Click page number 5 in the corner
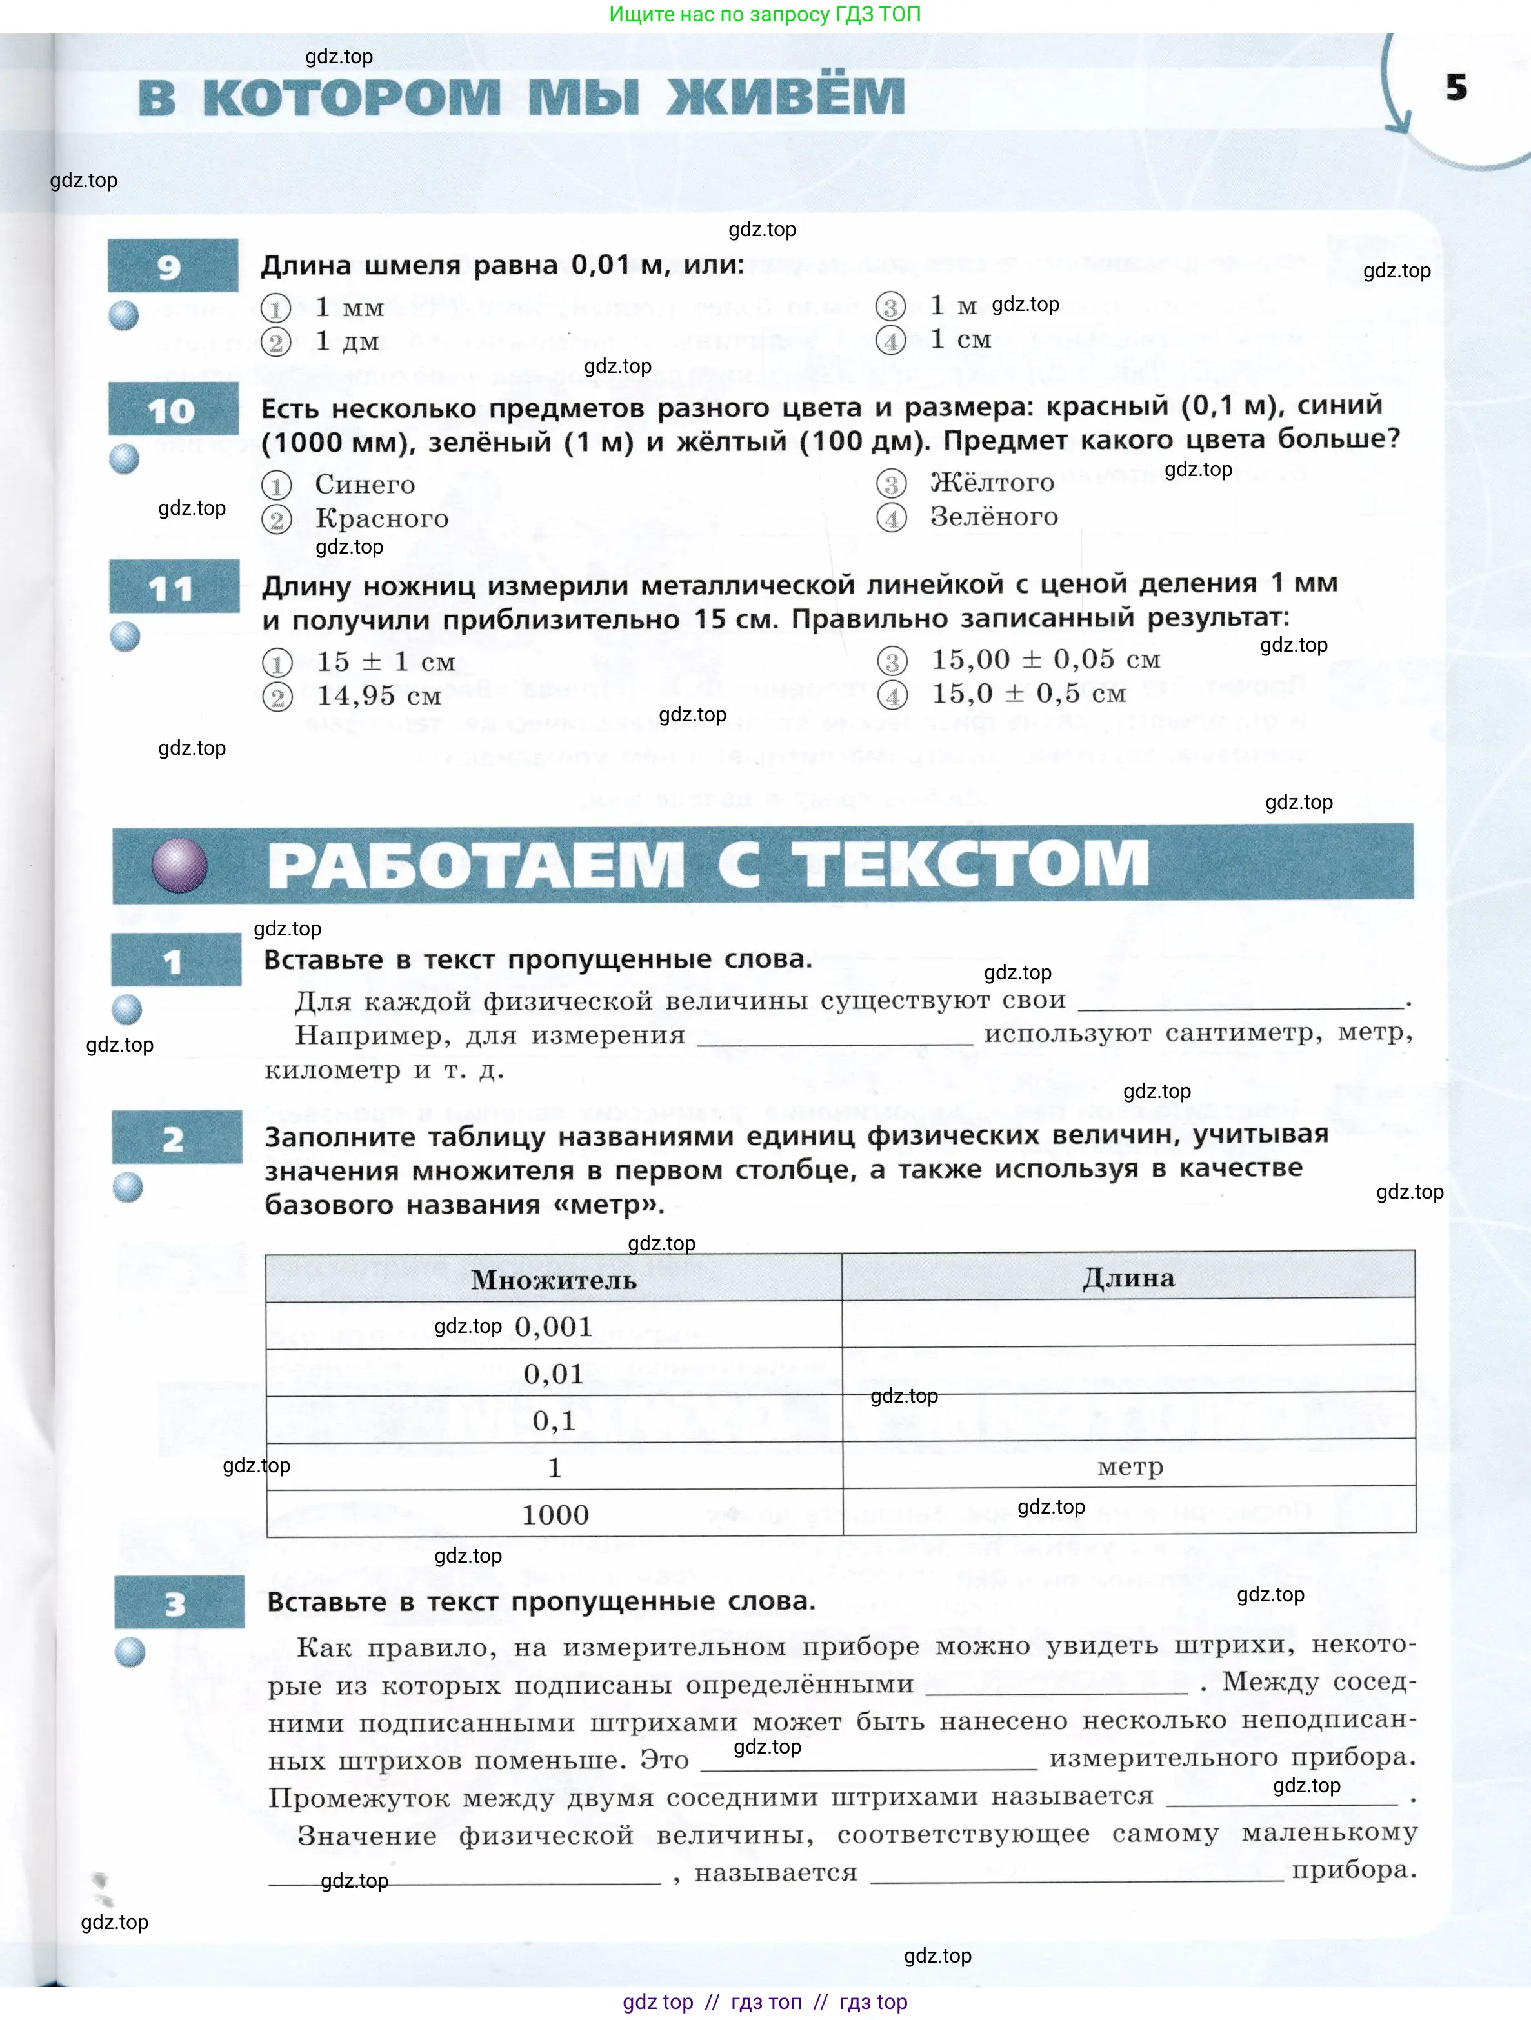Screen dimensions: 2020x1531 point(1456,88)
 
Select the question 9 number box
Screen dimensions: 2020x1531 point(173,266)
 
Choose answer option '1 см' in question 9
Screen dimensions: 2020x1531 point(960,340)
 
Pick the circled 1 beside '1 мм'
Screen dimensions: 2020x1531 point(276,308)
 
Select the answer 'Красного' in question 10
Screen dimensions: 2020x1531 point(382,519)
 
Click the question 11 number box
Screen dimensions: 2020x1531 point(174,587)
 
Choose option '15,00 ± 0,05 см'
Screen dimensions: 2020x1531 point(1045,659)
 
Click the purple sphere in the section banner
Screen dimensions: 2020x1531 point(179,865)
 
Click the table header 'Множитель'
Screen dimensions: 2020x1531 point(554,1279)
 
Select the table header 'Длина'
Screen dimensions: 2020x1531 point(1128,1277)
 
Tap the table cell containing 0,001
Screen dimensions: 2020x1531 point(554,1326)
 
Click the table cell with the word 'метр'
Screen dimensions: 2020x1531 point(1130,1466)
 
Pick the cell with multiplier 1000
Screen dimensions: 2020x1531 point(554,1514)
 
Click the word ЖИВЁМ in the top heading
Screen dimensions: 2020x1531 point(786,97)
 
